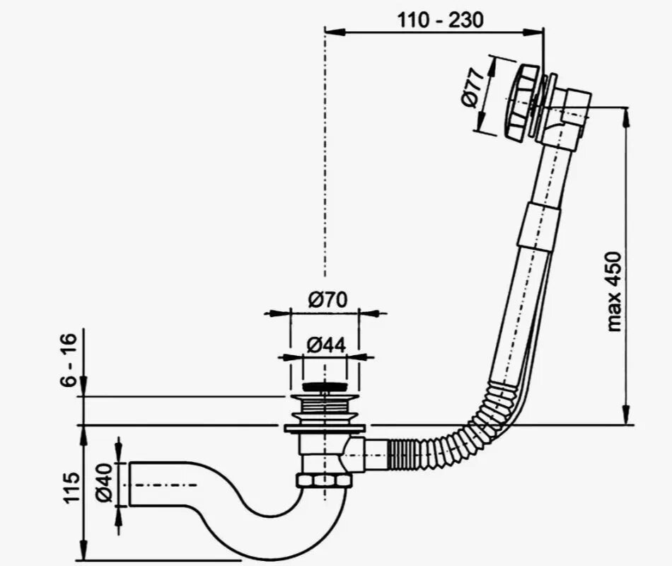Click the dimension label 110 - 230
(440, 20)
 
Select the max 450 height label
(613, 291)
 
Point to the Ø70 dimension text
(327, 300)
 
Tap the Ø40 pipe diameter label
(104, 483)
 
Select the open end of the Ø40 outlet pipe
(131, 484)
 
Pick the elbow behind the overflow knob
(570, 113)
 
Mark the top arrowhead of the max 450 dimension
(625, 113)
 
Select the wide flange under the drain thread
(325, 428)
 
